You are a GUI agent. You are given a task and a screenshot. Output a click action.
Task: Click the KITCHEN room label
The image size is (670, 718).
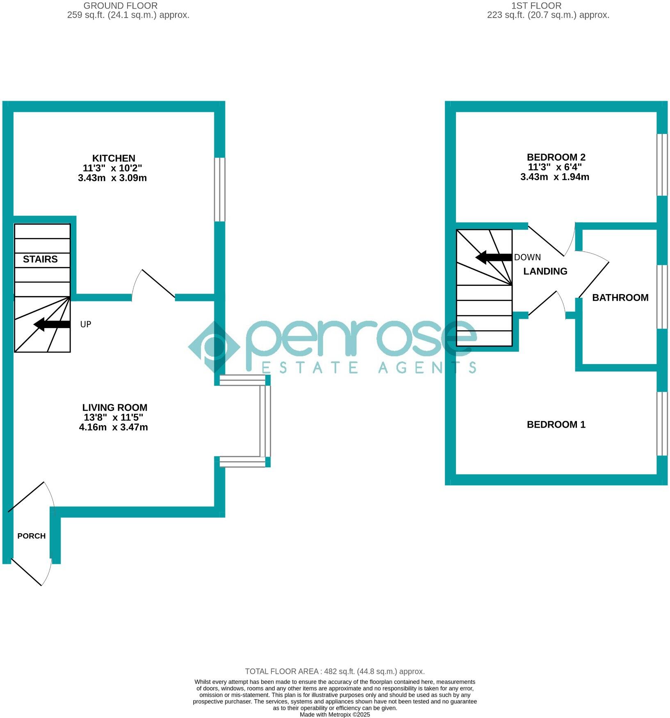point(114,158)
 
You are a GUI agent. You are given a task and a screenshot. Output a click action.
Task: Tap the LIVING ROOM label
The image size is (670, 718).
point(115,408)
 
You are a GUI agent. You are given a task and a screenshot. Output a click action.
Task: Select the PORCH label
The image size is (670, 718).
point(32,536)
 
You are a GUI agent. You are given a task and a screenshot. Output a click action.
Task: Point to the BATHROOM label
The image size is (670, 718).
point(620,298)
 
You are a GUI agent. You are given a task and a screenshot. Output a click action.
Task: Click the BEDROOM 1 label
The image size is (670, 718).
point(556,425)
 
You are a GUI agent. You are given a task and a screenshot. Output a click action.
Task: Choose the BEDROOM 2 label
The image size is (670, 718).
point(556,157)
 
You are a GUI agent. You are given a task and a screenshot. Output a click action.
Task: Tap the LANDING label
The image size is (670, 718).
point(545,271)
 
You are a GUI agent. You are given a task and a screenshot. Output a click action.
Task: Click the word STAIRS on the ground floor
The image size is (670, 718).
point(40,259)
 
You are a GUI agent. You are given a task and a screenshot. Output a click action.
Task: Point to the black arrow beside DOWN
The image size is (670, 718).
point(494,258)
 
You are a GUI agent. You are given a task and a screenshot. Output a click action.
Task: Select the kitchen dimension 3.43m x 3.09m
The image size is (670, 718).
point(112,178)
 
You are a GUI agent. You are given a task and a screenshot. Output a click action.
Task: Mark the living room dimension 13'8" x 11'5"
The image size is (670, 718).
point(113,417)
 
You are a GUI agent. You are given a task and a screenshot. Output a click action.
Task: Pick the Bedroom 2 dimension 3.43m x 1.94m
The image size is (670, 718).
point(555,177)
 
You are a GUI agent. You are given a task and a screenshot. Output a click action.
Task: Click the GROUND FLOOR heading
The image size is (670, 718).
point(121,6)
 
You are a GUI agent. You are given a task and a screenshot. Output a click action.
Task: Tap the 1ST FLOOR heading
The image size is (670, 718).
point(536,6)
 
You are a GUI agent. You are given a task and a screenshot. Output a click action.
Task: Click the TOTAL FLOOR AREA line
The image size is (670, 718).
point(335,671)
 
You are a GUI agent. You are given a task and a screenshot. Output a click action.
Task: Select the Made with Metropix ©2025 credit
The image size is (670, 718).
point(335,715)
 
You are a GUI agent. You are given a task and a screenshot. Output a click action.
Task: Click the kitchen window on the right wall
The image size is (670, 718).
point(220,190)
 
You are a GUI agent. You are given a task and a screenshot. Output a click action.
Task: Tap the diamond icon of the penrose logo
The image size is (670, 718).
point(214,347)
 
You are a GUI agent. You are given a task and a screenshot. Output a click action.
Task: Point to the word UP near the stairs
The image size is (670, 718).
point(86,324)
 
